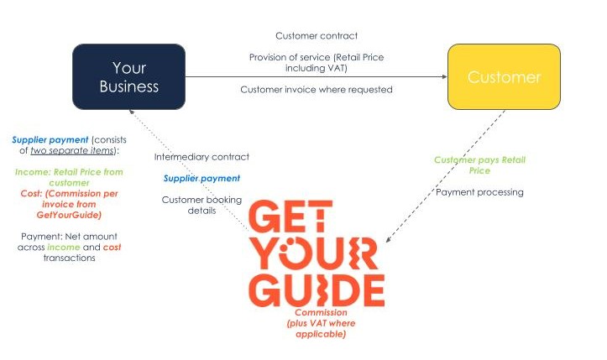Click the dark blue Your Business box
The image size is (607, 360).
tap(128, 77)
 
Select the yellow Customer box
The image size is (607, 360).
tap(504, 77)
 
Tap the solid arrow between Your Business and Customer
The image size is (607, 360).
tap(316, 77)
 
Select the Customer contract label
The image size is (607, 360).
tap(317, 36)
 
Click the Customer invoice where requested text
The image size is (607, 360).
tap(317, 89)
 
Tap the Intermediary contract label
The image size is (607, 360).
tap(201, 157)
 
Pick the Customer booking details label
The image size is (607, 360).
tap(201, 205)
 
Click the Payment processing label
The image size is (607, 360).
tap(479, 192)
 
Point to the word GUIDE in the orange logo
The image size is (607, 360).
tap(317, 288)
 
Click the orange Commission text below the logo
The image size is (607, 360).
tap(316, 323)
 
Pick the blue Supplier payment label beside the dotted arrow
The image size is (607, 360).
tap(201, 178)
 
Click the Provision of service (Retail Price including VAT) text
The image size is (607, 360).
tap(317, 62)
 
